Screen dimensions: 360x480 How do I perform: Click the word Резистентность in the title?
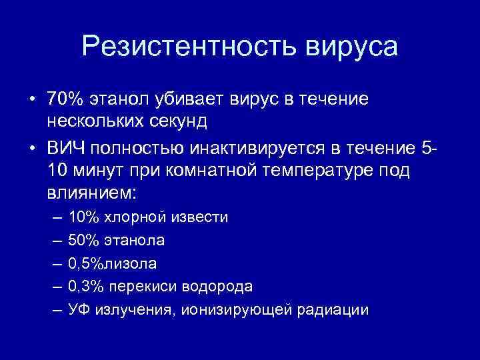click(188, 47)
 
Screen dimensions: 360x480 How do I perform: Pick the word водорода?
click(221, 287)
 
